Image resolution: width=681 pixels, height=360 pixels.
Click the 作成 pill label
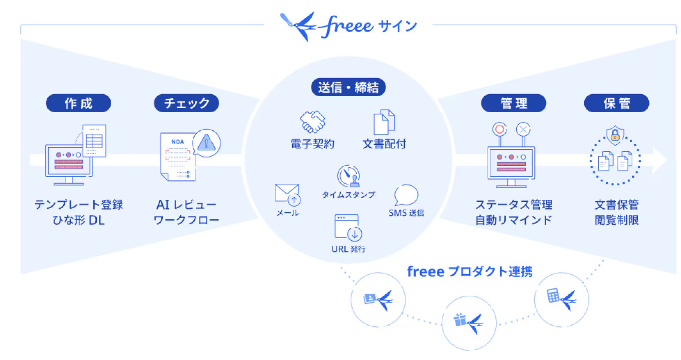78,103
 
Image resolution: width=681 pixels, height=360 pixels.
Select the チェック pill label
187,103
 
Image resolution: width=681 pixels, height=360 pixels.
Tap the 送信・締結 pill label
348,87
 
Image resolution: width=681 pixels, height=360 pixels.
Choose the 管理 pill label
513,103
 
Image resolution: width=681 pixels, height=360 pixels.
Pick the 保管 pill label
617,103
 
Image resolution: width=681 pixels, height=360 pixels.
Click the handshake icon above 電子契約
312,121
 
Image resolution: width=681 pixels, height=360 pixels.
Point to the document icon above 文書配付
384,122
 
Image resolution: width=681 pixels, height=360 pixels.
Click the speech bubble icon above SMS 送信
406,195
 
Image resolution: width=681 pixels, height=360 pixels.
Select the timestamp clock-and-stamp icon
348,176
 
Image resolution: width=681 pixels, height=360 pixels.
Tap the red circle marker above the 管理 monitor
500,129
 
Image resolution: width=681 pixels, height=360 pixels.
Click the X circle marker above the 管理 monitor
523,129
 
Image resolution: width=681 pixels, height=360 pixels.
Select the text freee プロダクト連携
470,272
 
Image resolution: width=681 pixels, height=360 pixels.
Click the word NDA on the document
177,142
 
